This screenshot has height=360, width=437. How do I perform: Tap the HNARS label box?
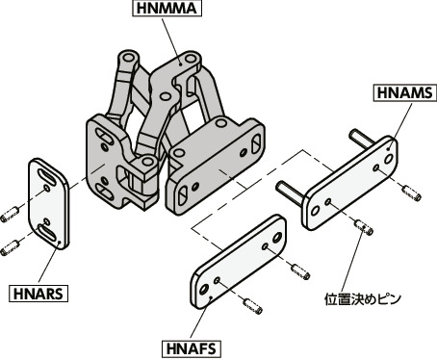point(38,291)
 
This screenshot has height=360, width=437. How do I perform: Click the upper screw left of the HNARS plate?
point(13,211)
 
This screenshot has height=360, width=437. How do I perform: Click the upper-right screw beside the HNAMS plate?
point(411,197)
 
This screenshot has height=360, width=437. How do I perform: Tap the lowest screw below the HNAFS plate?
point(254,307)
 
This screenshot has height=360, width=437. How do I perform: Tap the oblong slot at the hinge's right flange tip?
point(257,141)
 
